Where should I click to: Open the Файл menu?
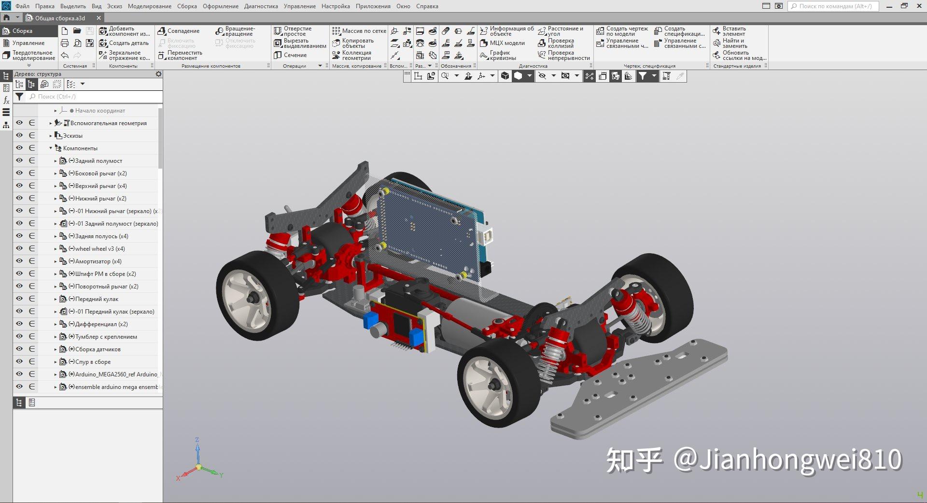pos(22,6)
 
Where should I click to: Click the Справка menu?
pos(427,6)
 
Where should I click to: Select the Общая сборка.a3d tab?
pos(60,18)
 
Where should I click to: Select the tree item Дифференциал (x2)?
pos(101,324)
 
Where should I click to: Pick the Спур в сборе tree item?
pos(93,362)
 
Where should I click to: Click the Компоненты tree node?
pos(80,148)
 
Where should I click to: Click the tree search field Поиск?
pos(94,97)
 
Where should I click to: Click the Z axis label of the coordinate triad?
pos(197,440)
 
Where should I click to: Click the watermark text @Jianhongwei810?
pos(787,459)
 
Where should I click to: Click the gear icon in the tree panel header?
pos(158,74)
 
